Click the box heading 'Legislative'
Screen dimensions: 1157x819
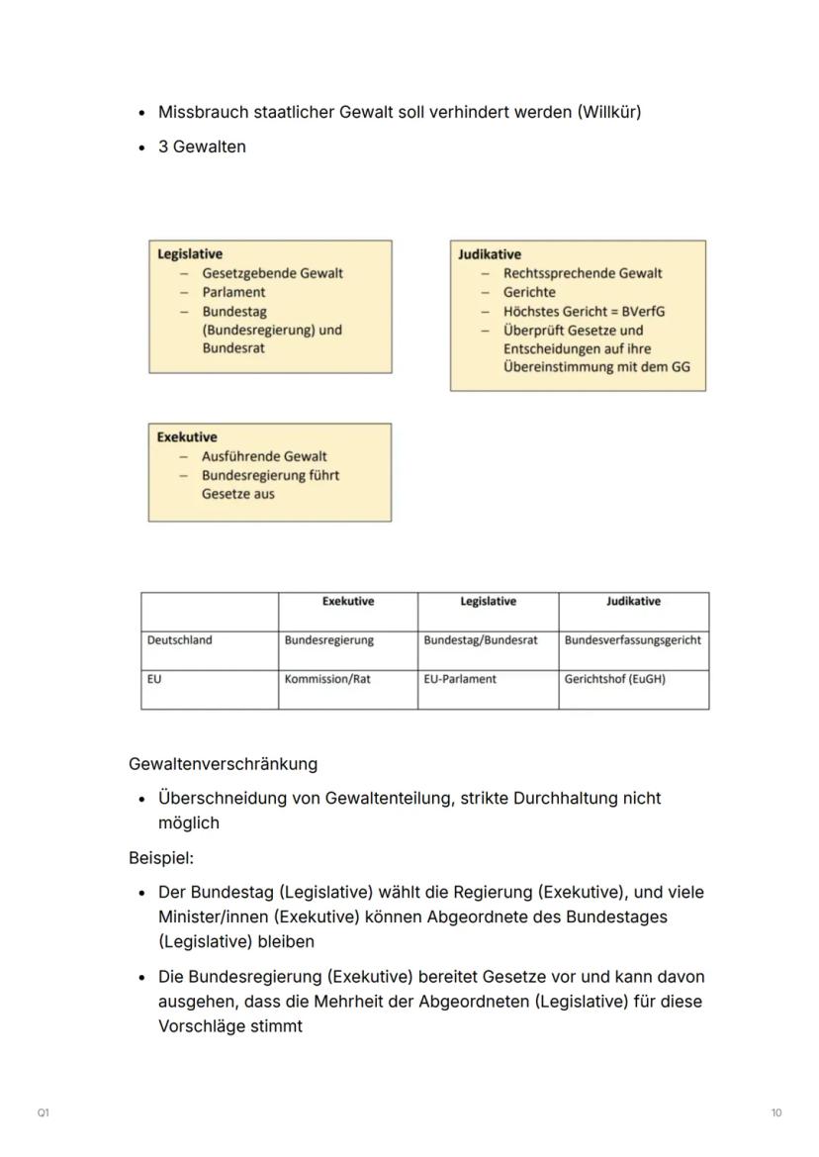tap(190, 254)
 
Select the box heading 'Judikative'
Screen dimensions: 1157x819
tap(490, 254)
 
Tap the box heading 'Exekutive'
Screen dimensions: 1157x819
tap(187, 436)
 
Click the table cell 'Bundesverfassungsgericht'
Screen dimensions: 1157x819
tap(633, 640)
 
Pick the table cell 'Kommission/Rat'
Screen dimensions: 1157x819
tap(327, 680)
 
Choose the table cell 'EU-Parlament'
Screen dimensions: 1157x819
tap(460, 680)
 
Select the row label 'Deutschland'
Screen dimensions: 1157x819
tap(179, 640)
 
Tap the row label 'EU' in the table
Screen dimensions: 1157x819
tap(154, 680)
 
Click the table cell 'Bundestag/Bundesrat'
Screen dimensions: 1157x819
tap(481, 640)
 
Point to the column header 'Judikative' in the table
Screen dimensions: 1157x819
tap(633, 602)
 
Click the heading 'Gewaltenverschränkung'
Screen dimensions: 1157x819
tap(223, 764)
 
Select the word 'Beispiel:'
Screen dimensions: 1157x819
tap(161, 857)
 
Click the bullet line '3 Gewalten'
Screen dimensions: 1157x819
tap(202, 146)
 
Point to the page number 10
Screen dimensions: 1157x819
tap(776, 1113)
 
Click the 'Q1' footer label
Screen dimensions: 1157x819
tap(44, 1113)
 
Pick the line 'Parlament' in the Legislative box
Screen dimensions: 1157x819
tap(233, 292)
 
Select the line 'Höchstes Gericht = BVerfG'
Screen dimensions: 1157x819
tap(584, 311)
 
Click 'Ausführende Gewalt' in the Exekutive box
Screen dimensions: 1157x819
tap(264, 456)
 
